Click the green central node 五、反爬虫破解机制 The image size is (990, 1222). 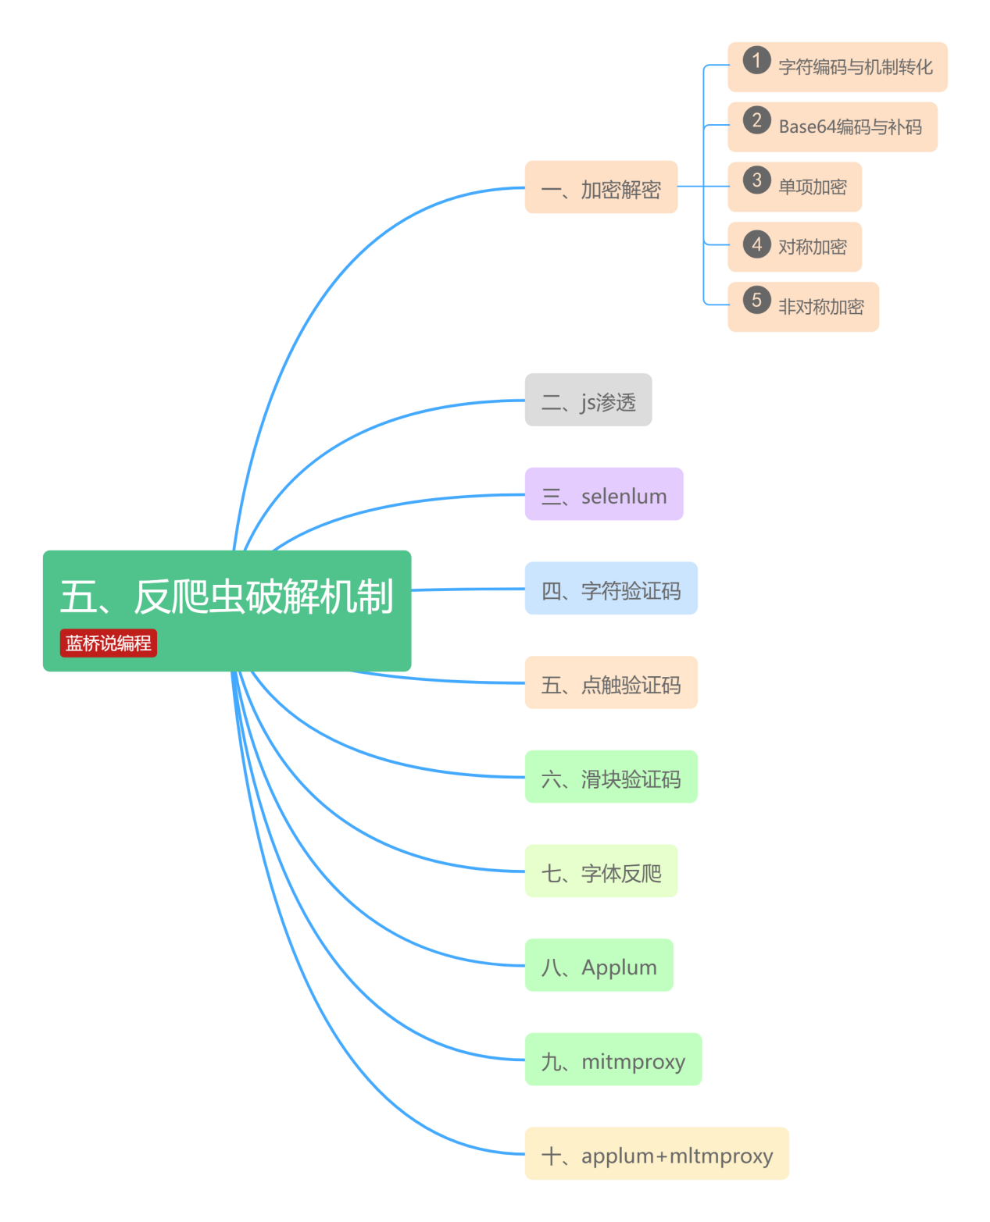tap(227, 597)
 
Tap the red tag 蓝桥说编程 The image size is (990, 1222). tap(109, 643)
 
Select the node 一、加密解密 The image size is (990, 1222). tap(600, 187)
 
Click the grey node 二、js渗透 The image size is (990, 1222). tap(588, 401)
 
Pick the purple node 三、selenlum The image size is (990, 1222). tap(603, 495)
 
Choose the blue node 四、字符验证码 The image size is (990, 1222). tap(610, 589)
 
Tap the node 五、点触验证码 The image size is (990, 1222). tap(610, 683)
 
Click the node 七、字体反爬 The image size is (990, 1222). tap(600, 871)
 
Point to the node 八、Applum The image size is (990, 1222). tap(599, 966)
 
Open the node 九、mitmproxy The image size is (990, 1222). tap(613, 1060)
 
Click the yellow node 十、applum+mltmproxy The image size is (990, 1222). tap(656, 1154)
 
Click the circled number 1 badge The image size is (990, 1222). tap(756, 60)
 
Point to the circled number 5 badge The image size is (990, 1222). tap(756, 300)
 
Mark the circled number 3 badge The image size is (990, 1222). tap(756, 180)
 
